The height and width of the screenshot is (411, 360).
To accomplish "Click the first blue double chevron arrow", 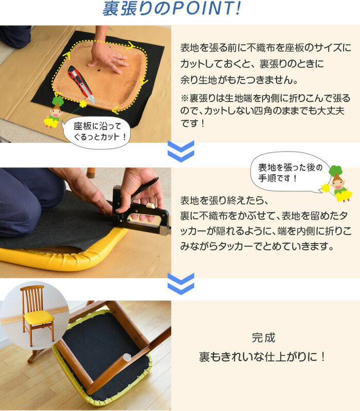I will pos(181,151).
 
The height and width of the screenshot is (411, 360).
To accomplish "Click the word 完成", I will pos(263,339).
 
